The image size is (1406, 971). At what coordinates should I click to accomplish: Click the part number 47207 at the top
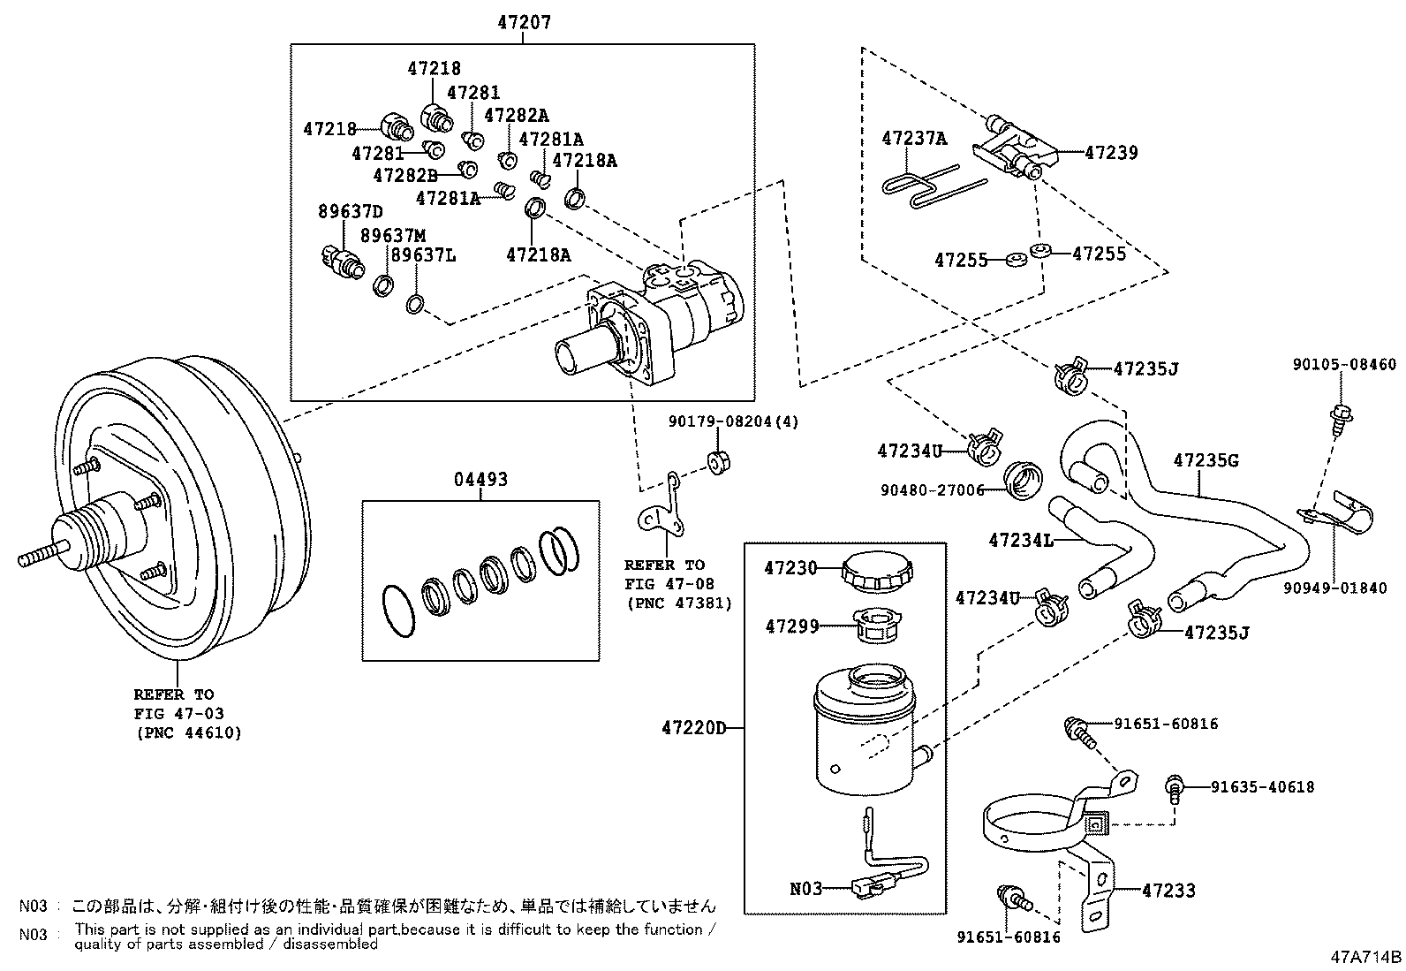tap(523, 22)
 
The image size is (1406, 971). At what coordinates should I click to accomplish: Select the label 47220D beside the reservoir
tap(693, 728)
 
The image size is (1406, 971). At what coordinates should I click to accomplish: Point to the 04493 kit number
tap(481, 480)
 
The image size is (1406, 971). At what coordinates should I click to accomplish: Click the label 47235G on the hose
tap(1206, 460)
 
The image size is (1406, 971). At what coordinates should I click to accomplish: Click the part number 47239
tap(1111, 152)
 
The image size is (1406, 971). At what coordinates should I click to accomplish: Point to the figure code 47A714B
tap(1367, 956)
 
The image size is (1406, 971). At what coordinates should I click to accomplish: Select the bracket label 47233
tap(1168, 891)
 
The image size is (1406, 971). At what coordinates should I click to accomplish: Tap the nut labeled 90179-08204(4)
tap(719, 462)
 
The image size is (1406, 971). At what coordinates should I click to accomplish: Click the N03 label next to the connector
tap(805, 888)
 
